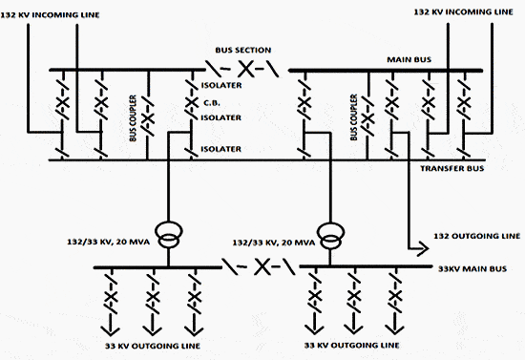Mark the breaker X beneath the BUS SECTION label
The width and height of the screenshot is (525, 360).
244,70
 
